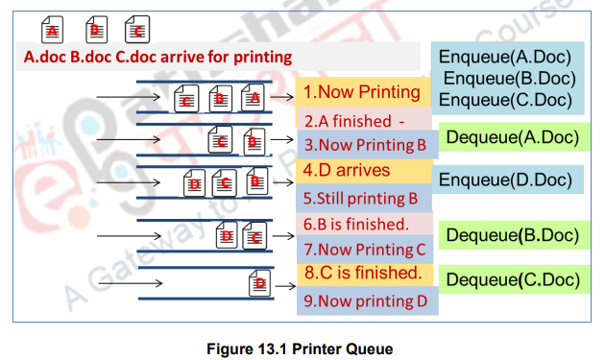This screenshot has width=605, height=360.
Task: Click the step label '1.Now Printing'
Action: click(360, 92)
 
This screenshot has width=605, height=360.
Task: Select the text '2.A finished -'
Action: click(355, 122)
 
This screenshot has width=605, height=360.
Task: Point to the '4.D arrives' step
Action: click(346, 171)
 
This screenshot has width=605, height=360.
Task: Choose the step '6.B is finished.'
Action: click(356, 225)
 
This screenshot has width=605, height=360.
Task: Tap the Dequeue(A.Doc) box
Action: click(513, 137)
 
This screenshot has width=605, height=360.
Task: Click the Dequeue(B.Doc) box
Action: click(513, 234)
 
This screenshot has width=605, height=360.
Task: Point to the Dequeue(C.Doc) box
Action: click(513, 279)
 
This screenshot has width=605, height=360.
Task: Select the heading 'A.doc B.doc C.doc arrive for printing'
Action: click(157, 57)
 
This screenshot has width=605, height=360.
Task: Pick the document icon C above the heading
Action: click(137, 30)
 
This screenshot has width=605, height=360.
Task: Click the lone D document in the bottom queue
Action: click(259, 283)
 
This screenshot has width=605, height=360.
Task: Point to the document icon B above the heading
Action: click(95, 30)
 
